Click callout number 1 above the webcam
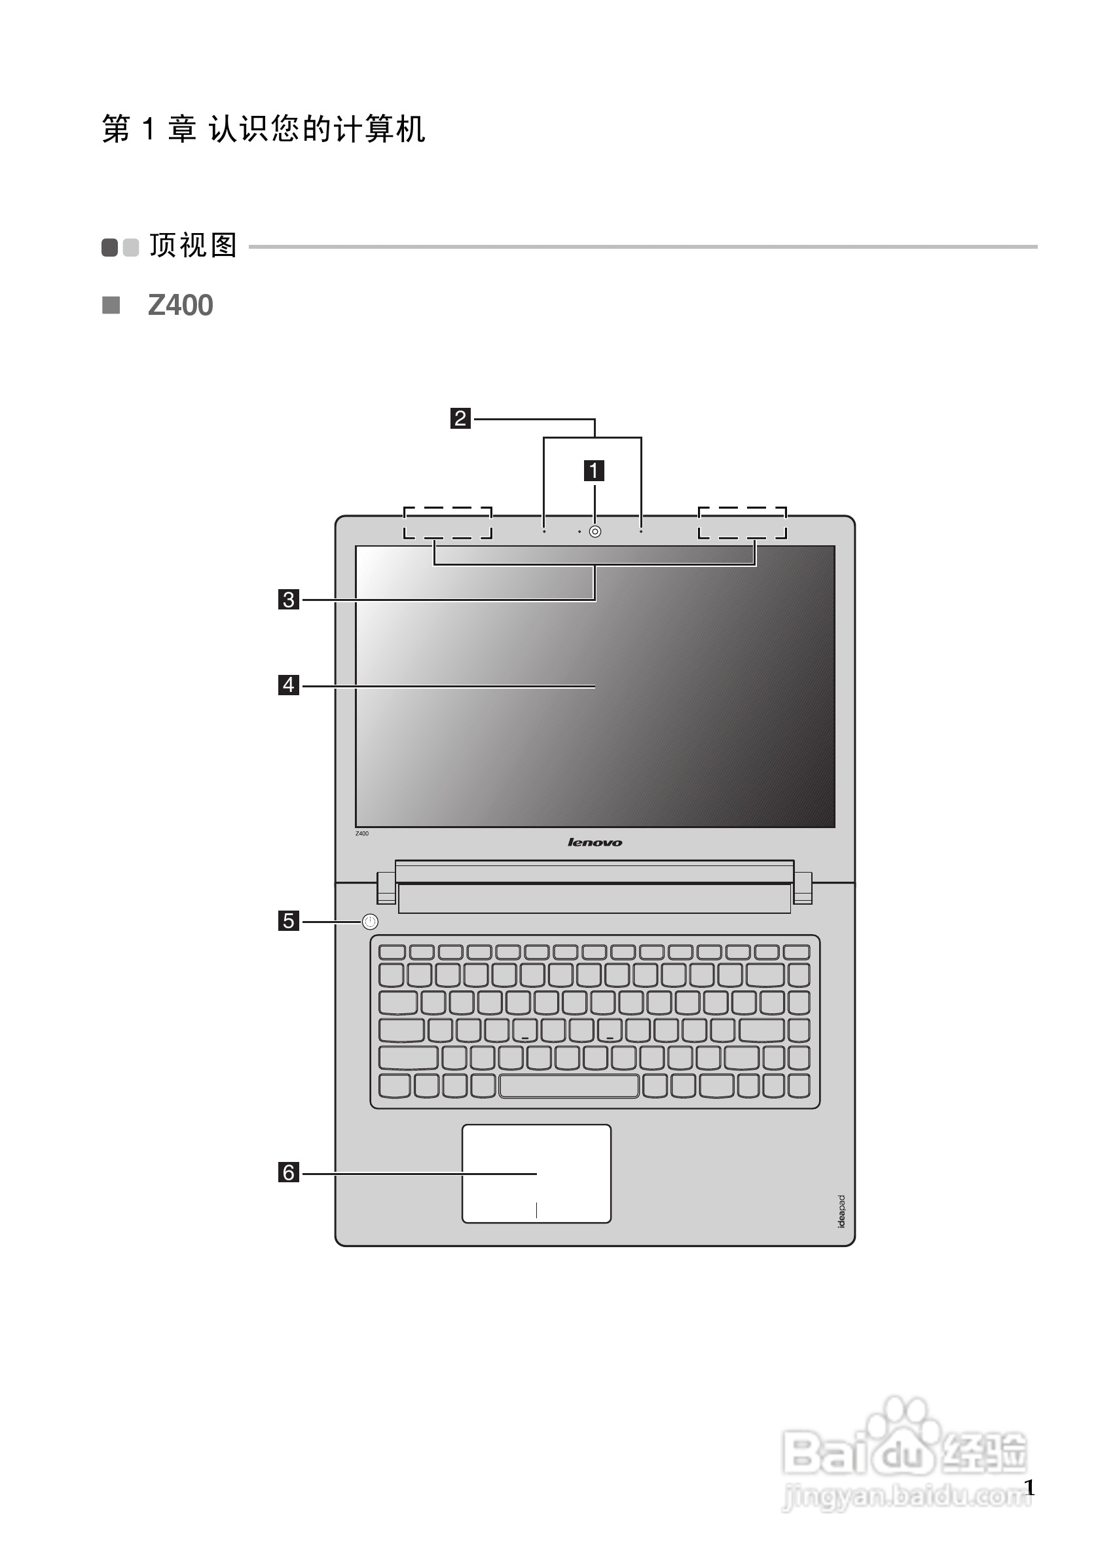(595, 470)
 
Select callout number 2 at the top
(460, 418)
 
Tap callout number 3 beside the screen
(288, 599)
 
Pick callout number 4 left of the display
(288, 685)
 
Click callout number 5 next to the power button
(288, 921)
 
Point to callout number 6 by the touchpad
(288, 1172)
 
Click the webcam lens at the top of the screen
(595, 532)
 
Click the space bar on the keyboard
(569, 1086)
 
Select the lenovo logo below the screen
(595, 842)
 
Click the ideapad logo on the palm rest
(841, 1211)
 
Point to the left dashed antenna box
(447, 522)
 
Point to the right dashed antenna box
(742, 522)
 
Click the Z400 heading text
(181, 305)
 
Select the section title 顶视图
(193, 245)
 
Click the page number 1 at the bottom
(1029, 1487)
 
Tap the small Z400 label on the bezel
(362, 833)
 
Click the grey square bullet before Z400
(111, 305)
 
